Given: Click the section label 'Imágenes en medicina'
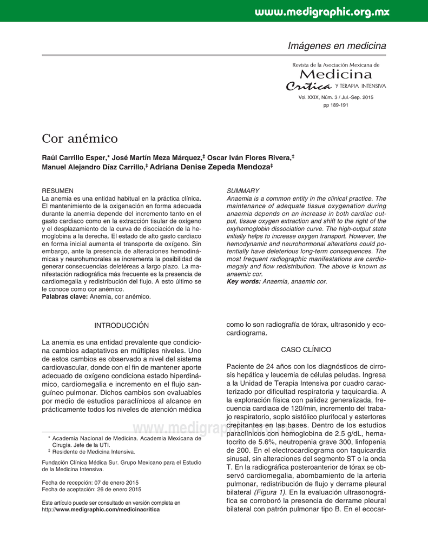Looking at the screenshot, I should pos(337,46).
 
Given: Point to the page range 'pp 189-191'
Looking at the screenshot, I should pos(335,105).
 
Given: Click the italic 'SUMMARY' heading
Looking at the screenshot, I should pos(243,191).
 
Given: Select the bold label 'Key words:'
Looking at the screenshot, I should pos(243,282).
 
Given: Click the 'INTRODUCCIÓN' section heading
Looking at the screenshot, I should pos(121,325).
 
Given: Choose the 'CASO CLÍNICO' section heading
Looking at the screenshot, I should pos(306,350).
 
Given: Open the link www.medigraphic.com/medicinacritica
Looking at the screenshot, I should pos(108,510).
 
